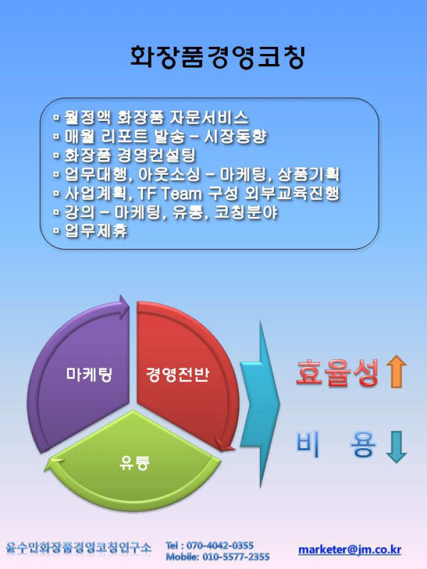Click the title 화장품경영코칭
217,57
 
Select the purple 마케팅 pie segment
82,374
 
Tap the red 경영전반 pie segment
181,374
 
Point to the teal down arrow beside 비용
396,447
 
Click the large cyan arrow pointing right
260,403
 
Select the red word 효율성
337,372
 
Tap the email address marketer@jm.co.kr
349,550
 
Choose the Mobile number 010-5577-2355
236,557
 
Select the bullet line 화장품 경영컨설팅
125,155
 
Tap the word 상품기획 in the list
309,174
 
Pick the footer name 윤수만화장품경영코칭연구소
78,547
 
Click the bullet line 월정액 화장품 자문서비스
151,117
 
